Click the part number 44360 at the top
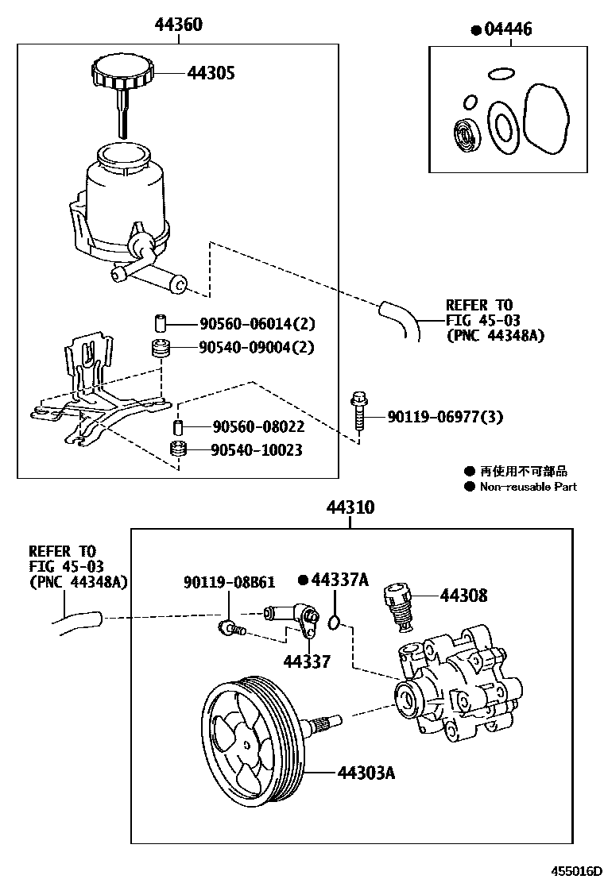click(x=178, y=25)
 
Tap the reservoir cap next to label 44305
click(x=122, y=72)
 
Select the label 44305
click(x=211, y=74)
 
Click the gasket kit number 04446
click(x=506, y=29)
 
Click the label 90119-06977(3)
click(x=445, y=417)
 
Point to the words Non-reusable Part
click(x=528, y=487)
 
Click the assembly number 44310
click(x=348, y=508)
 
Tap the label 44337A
click(x=340, y=580)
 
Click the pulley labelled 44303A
click(x=250, y=736)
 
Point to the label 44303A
click(x=366, y=772)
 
